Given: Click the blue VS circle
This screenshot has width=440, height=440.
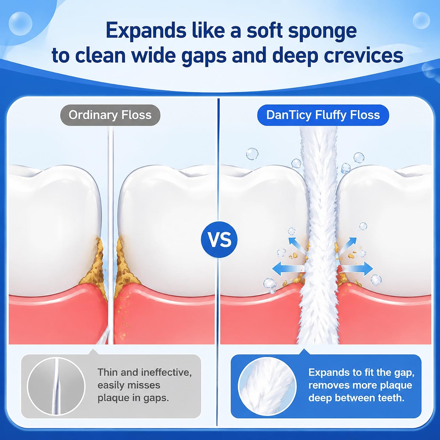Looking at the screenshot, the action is coord(219,240).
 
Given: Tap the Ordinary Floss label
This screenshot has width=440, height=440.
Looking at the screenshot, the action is coord(110,115).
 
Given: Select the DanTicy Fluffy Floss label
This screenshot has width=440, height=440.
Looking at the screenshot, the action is coord(323,115).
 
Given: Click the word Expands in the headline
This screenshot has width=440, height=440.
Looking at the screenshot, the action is coord(145,31).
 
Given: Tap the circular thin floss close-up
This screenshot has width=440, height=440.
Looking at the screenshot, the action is coord(56,386).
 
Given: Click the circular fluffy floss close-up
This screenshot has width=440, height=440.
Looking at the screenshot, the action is coord(267,386).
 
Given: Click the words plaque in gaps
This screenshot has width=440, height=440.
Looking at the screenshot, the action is coord(133,398).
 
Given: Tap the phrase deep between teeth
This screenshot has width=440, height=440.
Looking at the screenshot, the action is coord(357,398).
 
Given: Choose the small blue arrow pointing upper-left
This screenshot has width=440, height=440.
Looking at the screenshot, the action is coord(296,245).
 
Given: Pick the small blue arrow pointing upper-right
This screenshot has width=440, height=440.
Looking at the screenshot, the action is coord(348,245).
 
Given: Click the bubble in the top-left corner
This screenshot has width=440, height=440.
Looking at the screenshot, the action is coord(20,23).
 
